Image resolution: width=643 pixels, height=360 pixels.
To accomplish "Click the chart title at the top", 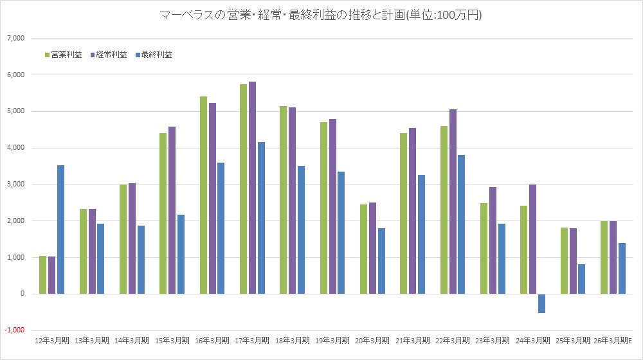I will (321, 15).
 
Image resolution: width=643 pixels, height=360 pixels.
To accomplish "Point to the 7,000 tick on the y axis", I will (15, 39).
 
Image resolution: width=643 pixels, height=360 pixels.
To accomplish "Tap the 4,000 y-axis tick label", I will (15, 148).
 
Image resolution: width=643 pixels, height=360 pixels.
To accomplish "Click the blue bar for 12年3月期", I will (61, 230).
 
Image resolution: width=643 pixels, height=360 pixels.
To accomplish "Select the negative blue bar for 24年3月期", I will (542, 303).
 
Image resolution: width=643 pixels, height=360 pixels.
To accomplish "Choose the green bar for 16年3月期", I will (203, 195).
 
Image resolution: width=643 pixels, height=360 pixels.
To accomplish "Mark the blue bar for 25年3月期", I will (582, 279).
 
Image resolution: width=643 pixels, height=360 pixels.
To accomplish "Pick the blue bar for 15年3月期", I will (181, 255).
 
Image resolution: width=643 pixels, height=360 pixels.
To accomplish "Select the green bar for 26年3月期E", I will (604, 258).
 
